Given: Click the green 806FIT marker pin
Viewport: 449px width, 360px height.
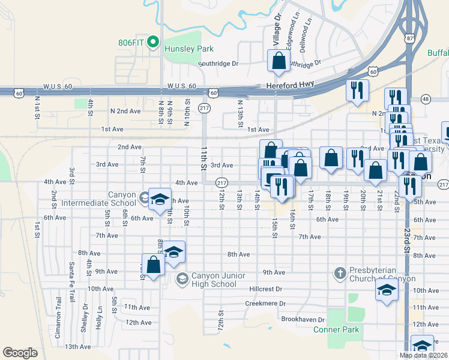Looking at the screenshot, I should pos(153,43).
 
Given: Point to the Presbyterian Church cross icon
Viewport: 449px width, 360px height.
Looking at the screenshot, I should pos(340,274).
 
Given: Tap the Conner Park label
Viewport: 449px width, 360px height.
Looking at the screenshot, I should pos(336,329).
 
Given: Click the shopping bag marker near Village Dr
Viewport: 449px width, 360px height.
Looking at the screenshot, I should pos(279,61).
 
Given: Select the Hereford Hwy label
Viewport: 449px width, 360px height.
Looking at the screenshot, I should pos(291,86).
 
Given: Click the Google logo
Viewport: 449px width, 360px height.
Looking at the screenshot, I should pos(20,352).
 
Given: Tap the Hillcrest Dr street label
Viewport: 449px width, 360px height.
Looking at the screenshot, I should pos(265,289).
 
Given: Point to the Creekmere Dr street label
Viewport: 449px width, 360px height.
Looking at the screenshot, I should pos(264,304).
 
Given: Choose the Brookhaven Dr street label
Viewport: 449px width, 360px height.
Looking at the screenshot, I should pos(303,320).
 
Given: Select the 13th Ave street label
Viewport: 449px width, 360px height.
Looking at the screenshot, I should pos(77,346).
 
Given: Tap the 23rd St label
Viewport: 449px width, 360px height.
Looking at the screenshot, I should pos(407,241).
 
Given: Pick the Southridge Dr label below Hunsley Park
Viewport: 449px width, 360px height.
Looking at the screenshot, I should pos(218,64).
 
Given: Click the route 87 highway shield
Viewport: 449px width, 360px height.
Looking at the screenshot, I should pos(410,38).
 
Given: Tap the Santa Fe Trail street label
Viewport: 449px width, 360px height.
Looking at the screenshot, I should pos(71,281).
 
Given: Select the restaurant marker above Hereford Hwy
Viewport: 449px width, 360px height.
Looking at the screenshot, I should pos(357,90).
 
